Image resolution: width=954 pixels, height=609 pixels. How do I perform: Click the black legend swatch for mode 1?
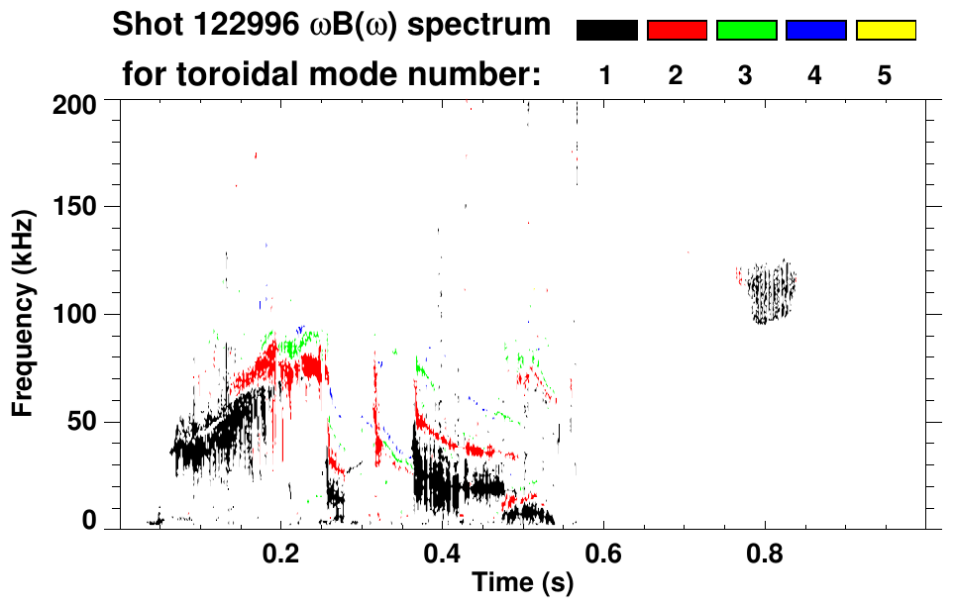606,31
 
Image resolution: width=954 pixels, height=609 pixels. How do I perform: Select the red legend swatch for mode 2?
677,31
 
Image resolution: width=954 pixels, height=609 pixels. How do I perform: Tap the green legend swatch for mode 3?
746,31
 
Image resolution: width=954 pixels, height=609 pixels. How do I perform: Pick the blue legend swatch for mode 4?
815,31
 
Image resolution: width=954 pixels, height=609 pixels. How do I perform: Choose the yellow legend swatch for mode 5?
885,31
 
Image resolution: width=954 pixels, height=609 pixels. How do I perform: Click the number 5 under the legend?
885,75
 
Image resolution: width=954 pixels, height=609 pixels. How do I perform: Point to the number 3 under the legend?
746,75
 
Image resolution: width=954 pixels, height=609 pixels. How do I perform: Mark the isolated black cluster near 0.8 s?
773,293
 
